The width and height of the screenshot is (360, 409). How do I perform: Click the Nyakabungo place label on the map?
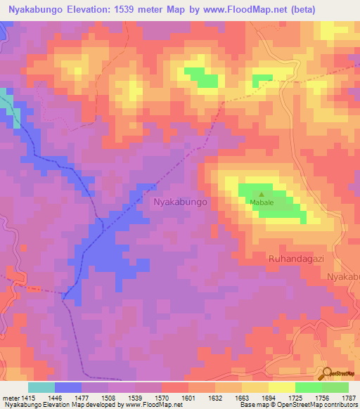tap(181, 202)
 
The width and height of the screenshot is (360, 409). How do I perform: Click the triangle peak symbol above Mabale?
tap(262, 195)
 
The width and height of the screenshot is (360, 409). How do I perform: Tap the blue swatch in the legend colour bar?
tap(68, 387)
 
